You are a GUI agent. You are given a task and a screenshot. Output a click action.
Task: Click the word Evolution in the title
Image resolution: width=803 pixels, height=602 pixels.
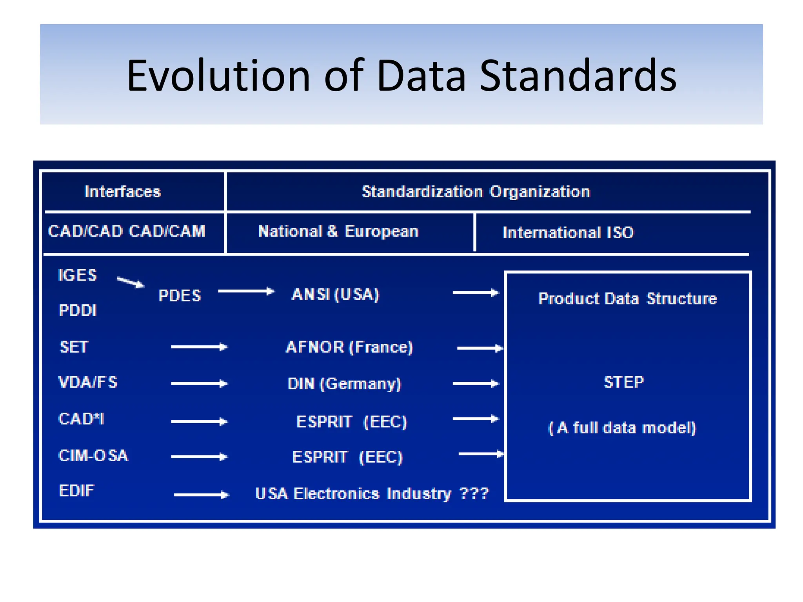click(x=218, y=76)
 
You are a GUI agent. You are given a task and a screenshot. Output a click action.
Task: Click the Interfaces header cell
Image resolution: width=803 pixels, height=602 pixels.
click(x=122, y=192)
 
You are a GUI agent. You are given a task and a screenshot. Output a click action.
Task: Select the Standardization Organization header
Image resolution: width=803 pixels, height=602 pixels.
click(x=476, y=192)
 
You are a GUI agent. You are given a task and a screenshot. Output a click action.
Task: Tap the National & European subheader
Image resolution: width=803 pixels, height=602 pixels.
click(x=338, y=231)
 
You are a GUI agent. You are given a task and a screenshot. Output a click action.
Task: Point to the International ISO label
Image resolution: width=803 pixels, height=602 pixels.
click(x=568, y=233)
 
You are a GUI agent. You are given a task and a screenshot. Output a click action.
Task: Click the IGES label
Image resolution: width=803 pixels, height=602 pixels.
click(x=77, y=275)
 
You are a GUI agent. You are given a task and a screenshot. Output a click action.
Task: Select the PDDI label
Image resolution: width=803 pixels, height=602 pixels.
click(x=78, y=310)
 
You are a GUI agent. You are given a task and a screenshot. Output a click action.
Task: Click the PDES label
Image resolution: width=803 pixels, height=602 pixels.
click(x=180, y=296)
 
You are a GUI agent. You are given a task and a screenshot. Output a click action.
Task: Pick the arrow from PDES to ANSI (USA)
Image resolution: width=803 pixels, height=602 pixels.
click(x=246, y=291)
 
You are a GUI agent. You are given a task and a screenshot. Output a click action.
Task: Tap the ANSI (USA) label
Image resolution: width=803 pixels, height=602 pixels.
click(x=335, y=294)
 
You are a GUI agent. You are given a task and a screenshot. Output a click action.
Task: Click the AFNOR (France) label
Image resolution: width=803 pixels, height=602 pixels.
click(x=349, y=347)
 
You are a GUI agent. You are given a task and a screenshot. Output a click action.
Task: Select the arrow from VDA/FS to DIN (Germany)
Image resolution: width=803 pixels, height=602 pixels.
click(x=199, y=383)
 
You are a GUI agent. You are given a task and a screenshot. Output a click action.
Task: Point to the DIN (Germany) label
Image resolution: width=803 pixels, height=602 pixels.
click(x=344, y=384)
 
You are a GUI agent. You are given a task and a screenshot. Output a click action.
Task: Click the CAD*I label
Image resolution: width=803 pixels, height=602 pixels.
click(x=81, y=419)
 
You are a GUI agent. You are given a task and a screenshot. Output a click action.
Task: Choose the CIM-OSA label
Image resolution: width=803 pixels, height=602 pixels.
click(x=93, y=455)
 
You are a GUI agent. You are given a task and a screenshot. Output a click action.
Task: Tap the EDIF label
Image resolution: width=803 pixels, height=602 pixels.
click(x=76, y=491)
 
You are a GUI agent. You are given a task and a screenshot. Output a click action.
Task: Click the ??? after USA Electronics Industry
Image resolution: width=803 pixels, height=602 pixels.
click(x=474, y=493)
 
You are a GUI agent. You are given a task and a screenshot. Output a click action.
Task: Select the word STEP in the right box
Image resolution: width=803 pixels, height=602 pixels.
click(x=623, y=382)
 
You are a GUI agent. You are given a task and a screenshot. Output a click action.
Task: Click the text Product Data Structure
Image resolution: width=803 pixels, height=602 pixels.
click(x=627, y=299)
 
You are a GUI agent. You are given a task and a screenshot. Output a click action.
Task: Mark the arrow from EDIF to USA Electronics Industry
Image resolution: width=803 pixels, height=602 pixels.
click(x=201, y=495)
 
